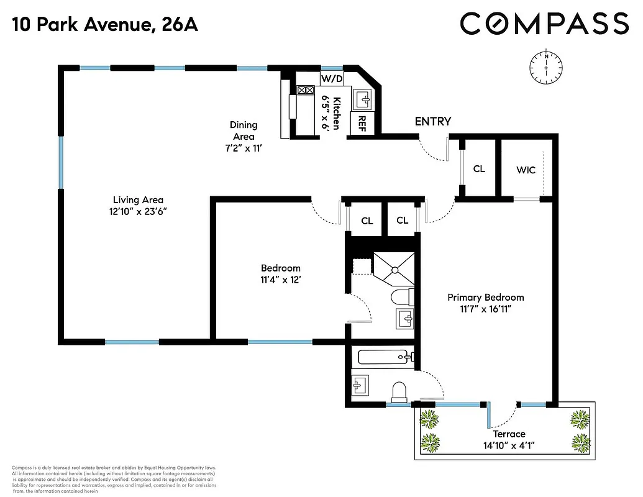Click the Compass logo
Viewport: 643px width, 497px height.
point(544,24)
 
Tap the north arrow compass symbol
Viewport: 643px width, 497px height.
point(546,66)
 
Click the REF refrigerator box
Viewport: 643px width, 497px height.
point(361,123)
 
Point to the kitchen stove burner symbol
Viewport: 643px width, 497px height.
point(306,91)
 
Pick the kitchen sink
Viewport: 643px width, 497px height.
point(363,98)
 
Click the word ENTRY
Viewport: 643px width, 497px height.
point(432,121)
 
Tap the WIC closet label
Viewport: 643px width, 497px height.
point(526,170)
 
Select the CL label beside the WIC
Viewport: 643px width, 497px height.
point(479,168)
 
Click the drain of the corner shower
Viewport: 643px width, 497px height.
point(393,269)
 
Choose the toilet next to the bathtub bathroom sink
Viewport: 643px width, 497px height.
point(398,391)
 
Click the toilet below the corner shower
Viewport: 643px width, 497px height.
point(403,296)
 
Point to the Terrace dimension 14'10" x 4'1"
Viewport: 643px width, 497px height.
point(509,445)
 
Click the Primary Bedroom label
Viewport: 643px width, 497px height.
point(485,297)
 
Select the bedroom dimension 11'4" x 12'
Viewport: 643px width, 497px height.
point(280,280)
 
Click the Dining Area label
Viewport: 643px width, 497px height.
point(244,131)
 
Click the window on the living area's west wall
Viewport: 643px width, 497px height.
point(61,162)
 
